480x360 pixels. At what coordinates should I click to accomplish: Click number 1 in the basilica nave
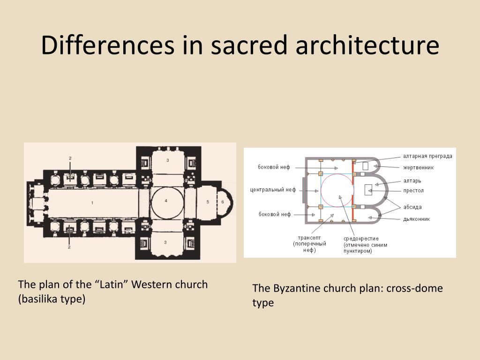point(93,202)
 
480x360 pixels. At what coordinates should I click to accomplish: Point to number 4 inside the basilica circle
point(166,201)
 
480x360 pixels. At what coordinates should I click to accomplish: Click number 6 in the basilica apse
point(223,202)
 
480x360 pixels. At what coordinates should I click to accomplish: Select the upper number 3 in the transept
point(167,160)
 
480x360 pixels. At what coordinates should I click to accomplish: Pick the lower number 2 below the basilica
point(69,247)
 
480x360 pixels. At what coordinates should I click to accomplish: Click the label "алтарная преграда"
point(427,156)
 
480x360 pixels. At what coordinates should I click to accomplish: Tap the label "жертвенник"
point(419,167)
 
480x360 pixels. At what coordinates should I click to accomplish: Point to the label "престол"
point(413,191)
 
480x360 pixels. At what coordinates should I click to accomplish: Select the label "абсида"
point(412,207)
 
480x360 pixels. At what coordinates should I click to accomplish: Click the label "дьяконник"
point(417,219)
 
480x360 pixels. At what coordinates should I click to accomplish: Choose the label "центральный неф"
point(273,190)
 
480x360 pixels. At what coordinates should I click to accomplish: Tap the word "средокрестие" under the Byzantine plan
point(361,239)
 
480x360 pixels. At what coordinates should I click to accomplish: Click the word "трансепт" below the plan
point(310,238)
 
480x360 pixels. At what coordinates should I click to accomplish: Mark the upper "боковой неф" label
point(274,167)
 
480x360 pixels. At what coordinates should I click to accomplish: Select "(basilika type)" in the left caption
point(52,299)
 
